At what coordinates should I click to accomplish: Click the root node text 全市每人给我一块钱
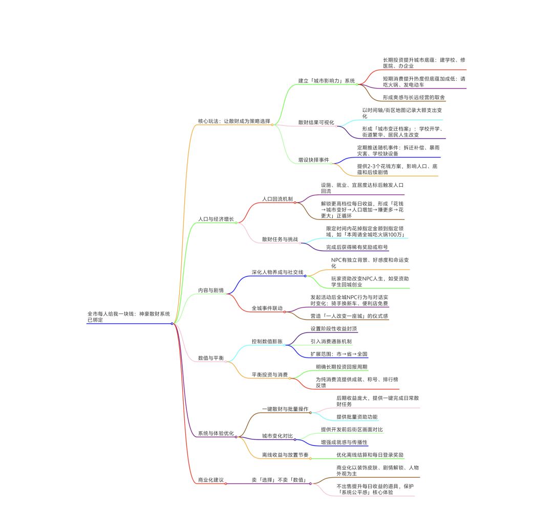click(111, 314)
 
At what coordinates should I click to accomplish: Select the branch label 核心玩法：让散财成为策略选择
click(234, 121)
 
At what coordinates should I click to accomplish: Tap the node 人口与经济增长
click(216, 219)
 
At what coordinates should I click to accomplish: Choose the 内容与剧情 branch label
click(211, 290)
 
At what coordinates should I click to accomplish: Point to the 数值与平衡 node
click(211, 358)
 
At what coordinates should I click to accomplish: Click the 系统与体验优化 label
click(216, 433)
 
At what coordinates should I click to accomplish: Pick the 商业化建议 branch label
click(211, 480)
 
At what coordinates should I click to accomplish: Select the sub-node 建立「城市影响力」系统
click(327, 81)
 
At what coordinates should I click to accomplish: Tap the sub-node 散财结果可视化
click(316, 122)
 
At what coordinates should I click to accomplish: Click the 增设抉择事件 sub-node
click(313, 160)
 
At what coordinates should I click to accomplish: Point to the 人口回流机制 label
click(277, 199)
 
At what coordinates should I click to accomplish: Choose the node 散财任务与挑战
click(280, 239)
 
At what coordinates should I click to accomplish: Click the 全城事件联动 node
click(267, 308)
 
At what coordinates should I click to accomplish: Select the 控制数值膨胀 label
click(267, 341)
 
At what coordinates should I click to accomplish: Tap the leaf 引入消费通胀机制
click(331, 341)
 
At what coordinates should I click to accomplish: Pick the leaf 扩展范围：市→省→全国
click(339, 354)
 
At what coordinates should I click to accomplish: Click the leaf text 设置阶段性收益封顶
click(334, 328)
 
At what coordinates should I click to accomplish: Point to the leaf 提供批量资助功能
click(357, 416)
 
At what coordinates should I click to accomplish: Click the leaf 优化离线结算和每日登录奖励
click(370, 455)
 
